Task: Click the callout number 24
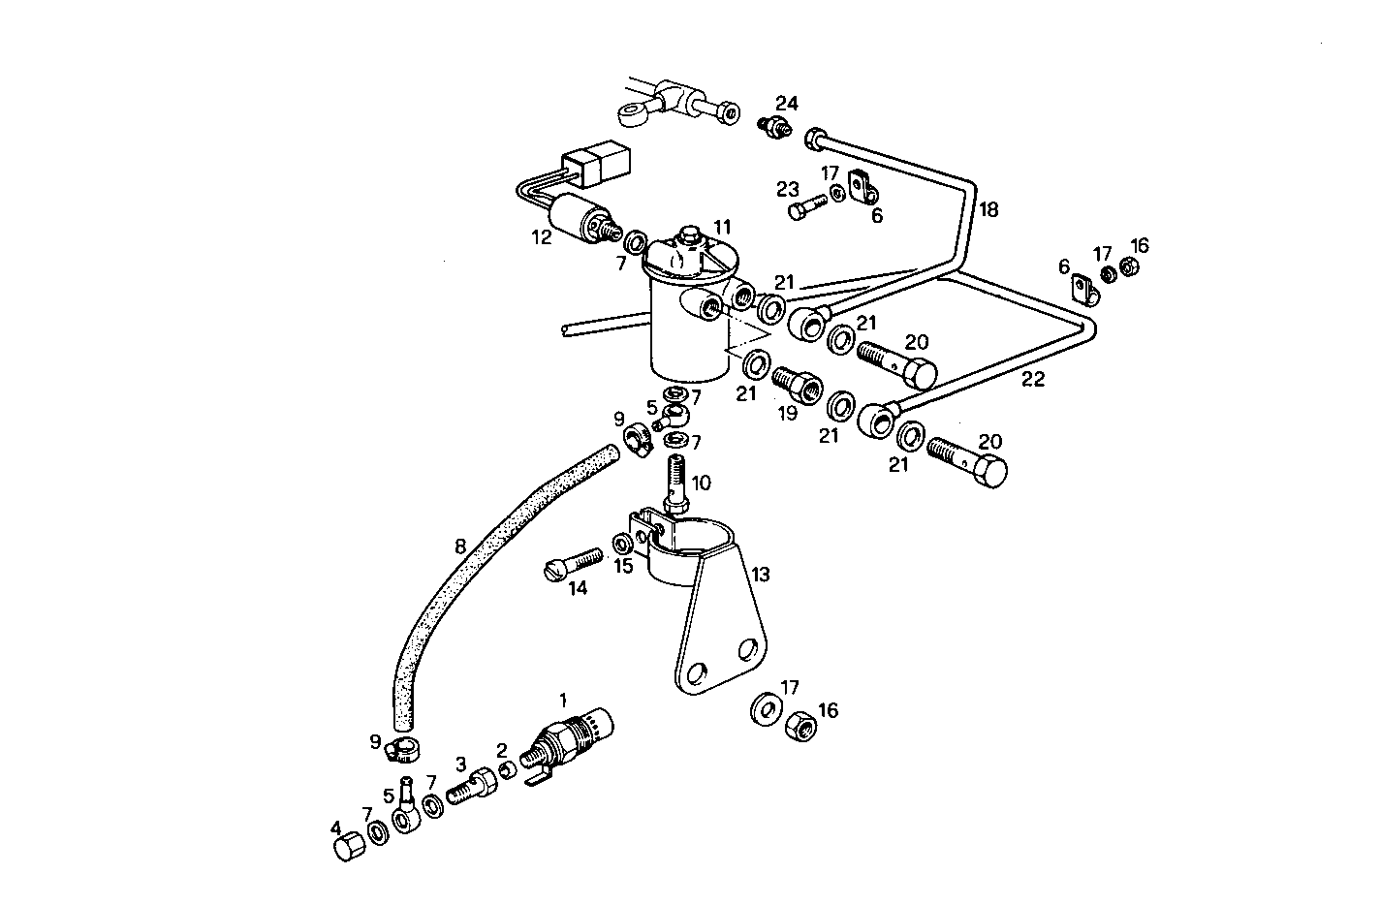786,103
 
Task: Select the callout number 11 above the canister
722,226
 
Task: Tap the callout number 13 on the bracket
760,575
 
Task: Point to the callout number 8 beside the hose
460,546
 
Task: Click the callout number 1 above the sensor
563,698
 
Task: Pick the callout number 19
786,412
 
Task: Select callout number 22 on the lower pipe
1033,379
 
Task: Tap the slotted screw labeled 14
573,565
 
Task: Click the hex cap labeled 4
348,848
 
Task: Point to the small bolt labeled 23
803,207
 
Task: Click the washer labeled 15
621,541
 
